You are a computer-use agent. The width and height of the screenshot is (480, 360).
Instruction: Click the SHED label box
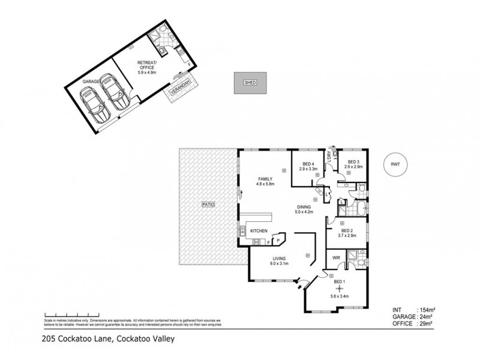250,83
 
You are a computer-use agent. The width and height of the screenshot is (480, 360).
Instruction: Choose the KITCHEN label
259,231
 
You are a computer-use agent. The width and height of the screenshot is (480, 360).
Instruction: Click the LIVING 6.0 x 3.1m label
279,261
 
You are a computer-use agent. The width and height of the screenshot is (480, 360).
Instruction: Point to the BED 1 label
340,282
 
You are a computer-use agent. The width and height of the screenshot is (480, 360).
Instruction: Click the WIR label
337,257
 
